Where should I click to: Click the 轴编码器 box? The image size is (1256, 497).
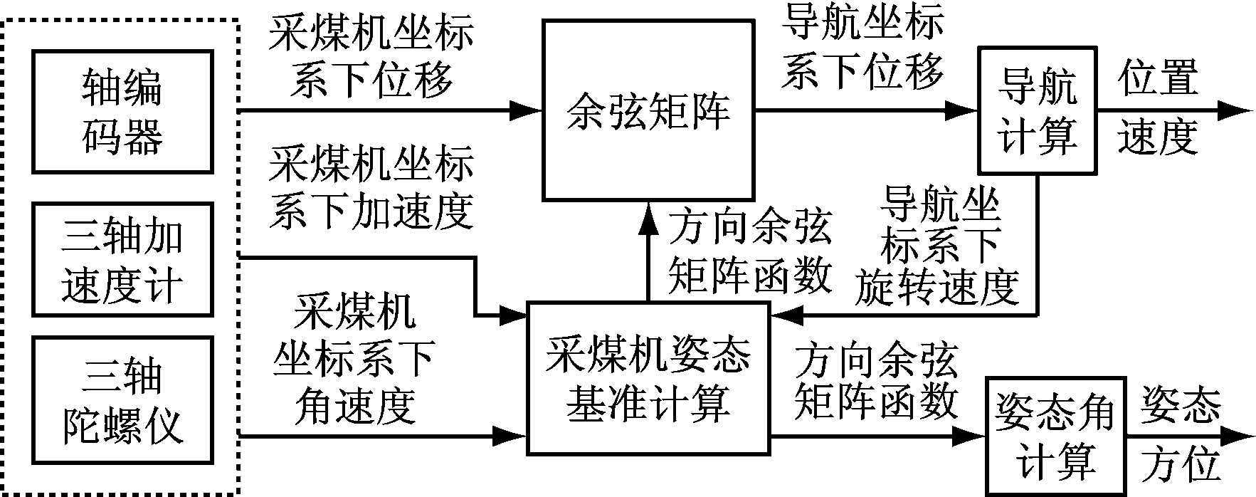coord(122,111)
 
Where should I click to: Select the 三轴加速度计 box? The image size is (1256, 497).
coord(122,259)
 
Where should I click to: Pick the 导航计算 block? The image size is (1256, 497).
coord(1038,110)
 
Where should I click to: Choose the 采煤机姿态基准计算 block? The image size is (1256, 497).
coord(648,378)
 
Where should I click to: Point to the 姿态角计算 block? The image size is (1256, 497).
coord(1054,436)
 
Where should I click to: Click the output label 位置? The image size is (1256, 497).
coord(1158,78)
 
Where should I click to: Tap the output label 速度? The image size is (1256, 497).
coord(1158,137)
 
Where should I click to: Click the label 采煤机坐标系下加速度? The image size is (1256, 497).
coord(371,188)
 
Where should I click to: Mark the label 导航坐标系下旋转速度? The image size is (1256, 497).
coord(938,246)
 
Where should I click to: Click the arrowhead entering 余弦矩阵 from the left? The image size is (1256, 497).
coord(527,110)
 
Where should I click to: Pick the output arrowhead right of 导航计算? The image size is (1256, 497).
coord(1235,110)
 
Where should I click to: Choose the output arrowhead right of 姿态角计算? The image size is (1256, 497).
coord(1237,436)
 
